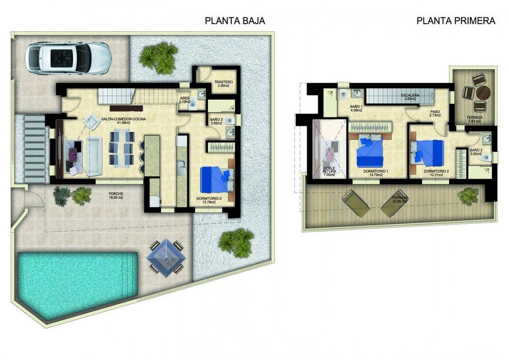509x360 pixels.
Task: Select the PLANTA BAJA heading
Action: (234, 21)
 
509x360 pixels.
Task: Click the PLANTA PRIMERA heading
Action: (456, 21)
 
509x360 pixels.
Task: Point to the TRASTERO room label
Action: (223, 82)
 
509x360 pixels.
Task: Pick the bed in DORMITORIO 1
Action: (370, 152)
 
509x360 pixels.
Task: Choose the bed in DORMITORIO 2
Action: (427, 151)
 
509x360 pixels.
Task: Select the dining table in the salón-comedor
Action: (121, 147)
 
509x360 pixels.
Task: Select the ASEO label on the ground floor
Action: (184, 98)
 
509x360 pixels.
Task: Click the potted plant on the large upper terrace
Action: (468, 196)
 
